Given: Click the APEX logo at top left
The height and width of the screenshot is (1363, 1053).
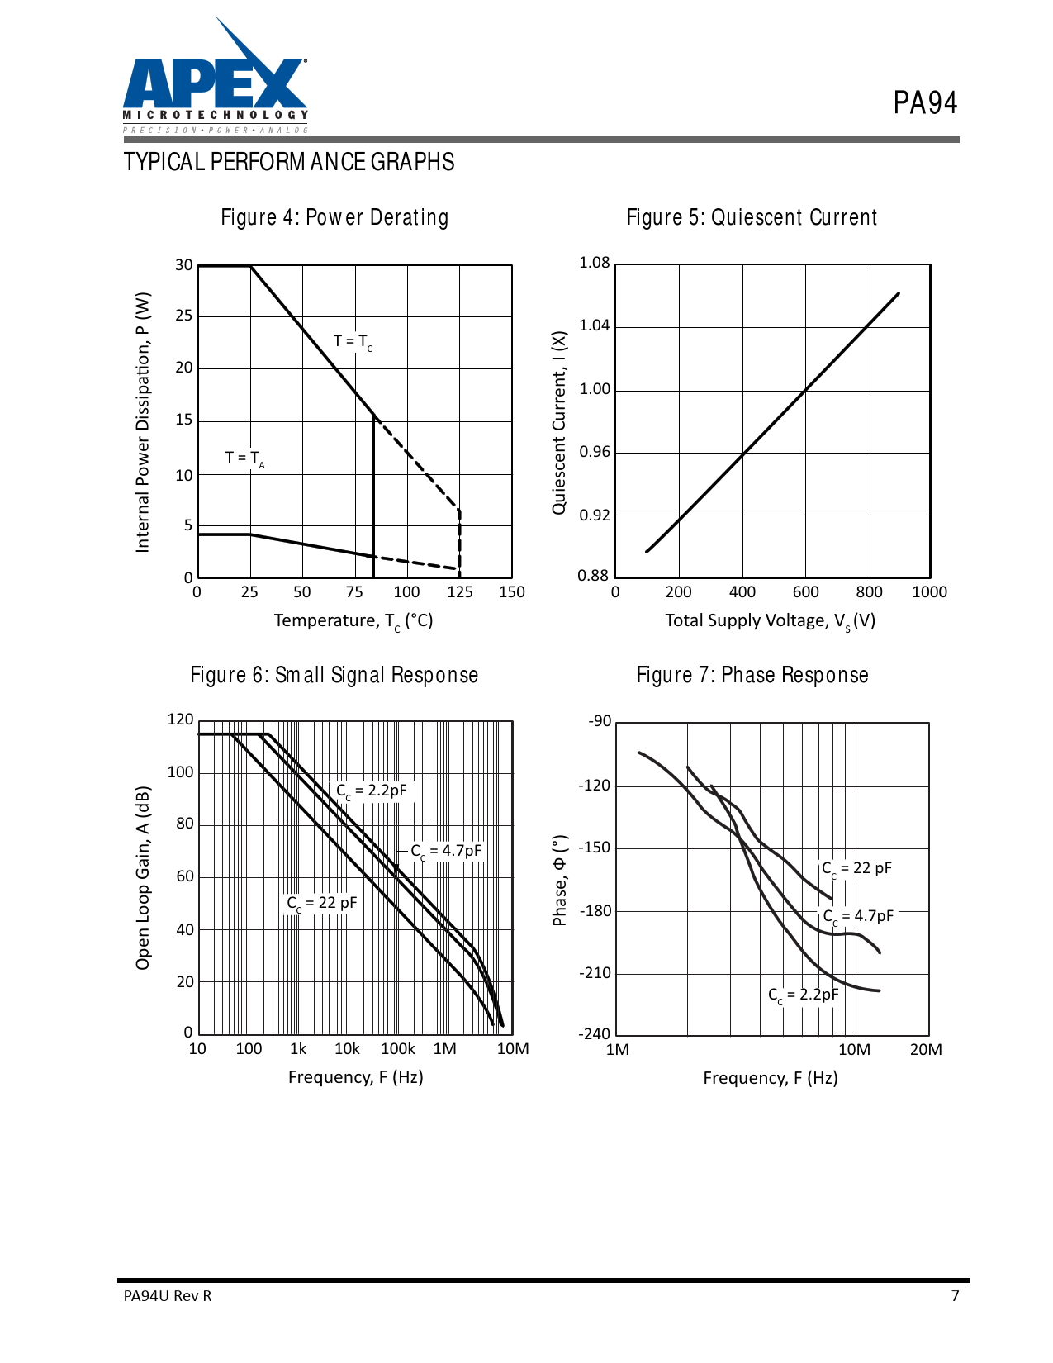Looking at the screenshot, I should pyautogui.click(x=215, y=83).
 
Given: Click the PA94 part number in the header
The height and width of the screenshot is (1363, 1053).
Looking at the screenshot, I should pyautogui.click(x=925, y=103).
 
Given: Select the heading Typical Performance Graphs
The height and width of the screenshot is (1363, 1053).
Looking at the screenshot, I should pyautogui.click(x=289, y=162).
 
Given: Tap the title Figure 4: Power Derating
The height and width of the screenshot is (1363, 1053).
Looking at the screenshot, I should pyautogui.click(x=334, y=217).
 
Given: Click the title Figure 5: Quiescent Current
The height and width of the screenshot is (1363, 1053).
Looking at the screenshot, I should pyautogui.click(x=752, y=217).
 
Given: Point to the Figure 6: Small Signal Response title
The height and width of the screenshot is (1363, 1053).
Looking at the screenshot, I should pyautogui.click(x=334, y=675).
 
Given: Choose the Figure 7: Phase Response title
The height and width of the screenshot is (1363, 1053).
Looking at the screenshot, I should pyautogui.click(x=752, y=675).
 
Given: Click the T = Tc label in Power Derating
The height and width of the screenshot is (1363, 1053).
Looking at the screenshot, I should pyautogui.click(x=353, y=342).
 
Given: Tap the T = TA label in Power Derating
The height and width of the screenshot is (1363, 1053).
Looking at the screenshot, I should pyautogui.click(x=244, y=458).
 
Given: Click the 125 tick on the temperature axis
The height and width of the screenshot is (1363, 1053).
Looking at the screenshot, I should pyautogui.click(x=460, y=592).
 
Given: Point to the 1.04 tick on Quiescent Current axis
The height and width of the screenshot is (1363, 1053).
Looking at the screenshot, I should pyautogui.click(x=595, y=325).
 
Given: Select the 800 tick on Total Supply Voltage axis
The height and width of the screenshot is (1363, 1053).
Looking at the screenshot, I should pyautogui.click(x=869, y=592).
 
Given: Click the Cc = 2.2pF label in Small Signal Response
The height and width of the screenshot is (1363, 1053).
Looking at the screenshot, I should pyautogui.click(x=372, y=791).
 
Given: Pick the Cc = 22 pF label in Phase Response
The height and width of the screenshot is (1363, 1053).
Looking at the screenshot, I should pyautogui.click(x=856, y=869).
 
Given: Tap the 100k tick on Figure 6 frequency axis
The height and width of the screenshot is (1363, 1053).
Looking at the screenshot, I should pyautogui.click(x=397, y=1049).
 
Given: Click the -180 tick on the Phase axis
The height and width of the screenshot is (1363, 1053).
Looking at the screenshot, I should pyautogui.click(x=595, y=911).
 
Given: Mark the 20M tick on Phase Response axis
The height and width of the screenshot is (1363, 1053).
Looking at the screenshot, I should pyautogui.click(x=926, y=1050).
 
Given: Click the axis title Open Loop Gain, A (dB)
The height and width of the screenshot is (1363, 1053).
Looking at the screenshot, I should pyautogui.click(x=144, y=877).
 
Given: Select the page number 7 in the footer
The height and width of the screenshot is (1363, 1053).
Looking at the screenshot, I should pyautogui.click(x=956, y=1295).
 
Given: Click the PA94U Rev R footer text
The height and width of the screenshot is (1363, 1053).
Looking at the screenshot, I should pyautogui.click(x=168, y=1295).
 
